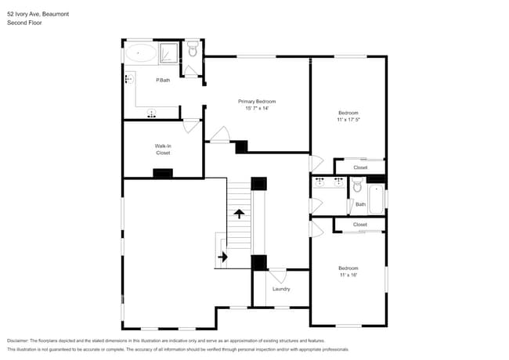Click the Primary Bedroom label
tap(257, 102)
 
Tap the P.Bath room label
tap(163, 81)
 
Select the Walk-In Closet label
tap(163, 149)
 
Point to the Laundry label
tap(281, 289)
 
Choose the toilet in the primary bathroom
tap(193, 52)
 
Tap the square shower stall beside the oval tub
tap(169, 53)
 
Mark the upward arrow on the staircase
tap(238, 212)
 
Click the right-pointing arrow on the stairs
tap(222, 256)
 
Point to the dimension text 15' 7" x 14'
tap(257, 110)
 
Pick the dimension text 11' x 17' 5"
tap(348, 120)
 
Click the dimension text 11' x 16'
tap(348, 275)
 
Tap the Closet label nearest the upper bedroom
tap(360, 167)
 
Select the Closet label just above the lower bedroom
tap(360, 225)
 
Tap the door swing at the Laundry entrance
tap(277, 276)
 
